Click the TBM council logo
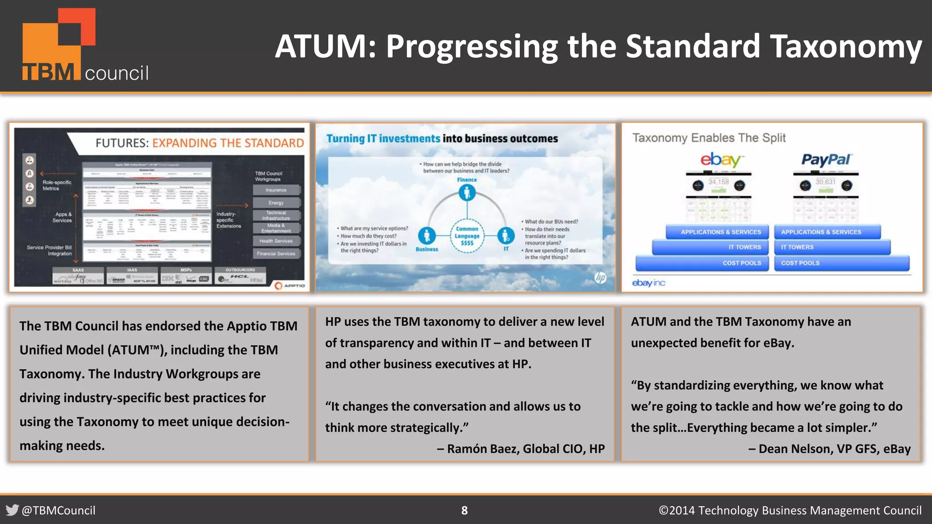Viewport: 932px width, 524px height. (85, 45)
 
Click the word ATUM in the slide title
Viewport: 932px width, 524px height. (326, 46)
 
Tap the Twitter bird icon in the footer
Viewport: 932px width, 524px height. (12, 510)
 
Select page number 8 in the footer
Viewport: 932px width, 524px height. (464, 510)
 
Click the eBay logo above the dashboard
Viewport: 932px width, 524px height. (721, 160)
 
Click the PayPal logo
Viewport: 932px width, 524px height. (826, 160)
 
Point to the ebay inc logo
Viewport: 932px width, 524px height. (648, 283)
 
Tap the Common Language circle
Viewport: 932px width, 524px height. (467, 236)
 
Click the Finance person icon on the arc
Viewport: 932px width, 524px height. (467, 193)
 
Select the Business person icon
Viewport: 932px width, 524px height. (426, 236)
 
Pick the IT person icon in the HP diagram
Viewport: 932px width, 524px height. (506, 236)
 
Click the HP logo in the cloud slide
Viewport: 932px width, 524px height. (600, 277)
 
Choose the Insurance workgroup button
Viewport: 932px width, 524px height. (276, 190)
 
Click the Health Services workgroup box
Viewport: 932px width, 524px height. (276, 241)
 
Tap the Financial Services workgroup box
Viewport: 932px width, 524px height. (276, 254)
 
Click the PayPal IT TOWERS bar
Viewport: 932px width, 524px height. (832, 247)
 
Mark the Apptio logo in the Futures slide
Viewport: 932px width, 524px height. (290, 285)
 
